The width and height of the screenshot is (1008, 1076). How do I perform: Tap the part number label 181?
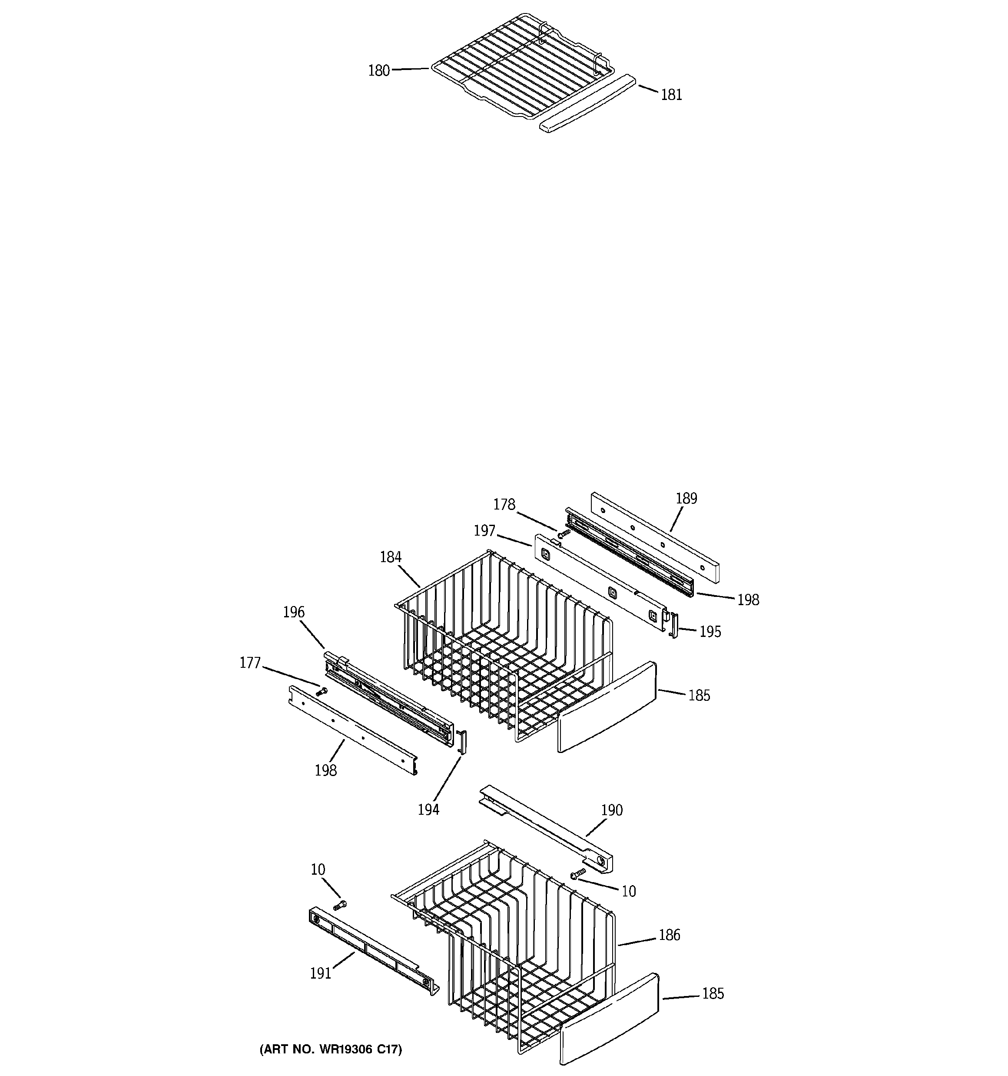[x=671, y=95]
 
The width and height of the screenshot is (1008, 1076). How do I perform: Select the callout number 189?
[x=686, y=499]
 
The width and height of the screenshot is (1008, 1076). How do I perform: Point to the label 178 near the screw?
[x=504, y=504]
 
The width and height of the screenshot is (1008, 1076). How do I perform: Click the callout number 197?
[x=484, y=531]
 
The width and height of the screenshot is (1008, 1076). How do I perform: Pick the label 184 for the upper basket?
[x=390, y=557]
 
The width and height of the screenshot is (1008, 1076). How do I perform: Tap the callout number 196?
[x=294, y=612]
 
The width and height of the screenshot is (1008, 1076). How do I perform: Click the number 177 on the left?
[x=250, y=663]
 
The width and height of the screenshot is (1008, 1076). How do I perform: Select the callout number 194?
[x=428, y=809]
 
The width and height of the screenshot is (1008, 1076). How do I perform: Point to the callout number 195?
[x=710, y=632]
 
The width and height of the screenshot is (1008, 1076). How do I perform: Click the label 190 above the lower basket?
[x=611, y=826]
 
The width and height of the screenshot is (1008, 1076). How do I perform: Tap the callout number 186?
[x=669, y=935]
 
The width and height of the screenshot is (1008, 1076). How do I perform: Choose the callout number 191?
[x=320, y=973]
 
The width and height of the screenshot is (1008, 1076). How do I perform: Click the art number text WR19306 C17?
[x=331, y=1049]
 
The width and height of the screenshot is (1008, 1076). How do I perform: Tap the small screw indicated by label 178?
[x=563, y=534]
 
